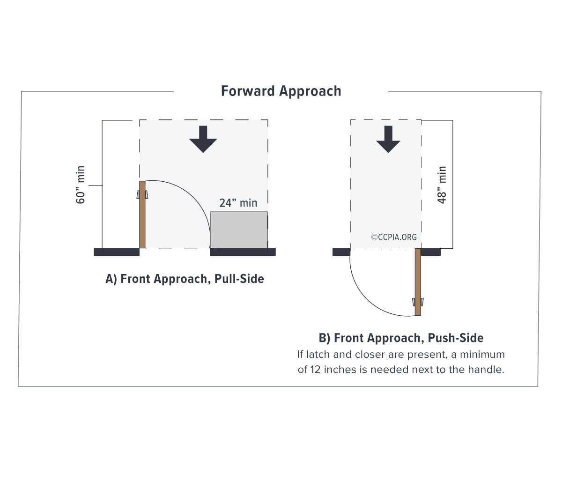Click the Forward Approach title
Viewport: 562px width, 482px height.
(281, 91)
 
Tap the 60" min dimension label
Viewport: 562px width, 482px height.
(81, 185)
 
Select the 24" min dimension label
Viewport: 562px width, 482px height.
(238, 203)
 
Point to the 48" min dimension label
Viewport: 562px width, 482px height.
(442, 185)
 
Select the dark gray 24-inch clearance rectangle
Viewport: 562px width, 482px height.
(239, 230)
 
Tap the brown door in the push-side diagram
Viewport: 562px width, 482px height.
(418, 282)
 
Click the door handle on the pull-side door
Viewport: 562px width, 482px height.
(142, 194)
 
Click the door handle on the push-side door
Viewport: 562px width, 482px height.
(418, 302)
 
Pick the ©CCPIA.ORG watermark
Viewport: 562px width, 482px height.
(394, 237)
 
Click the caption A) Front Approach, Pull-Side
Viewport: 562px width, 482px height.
(185, 279)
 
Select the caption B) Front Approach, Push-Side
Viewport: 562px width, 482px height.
(401, 338)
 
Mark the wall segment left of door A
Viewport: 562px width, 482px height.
(117, 252)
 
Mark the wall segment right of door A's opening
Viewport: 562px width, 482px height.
(243, 252)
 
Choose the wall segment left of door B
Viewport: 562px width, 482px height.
(341, 252)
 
